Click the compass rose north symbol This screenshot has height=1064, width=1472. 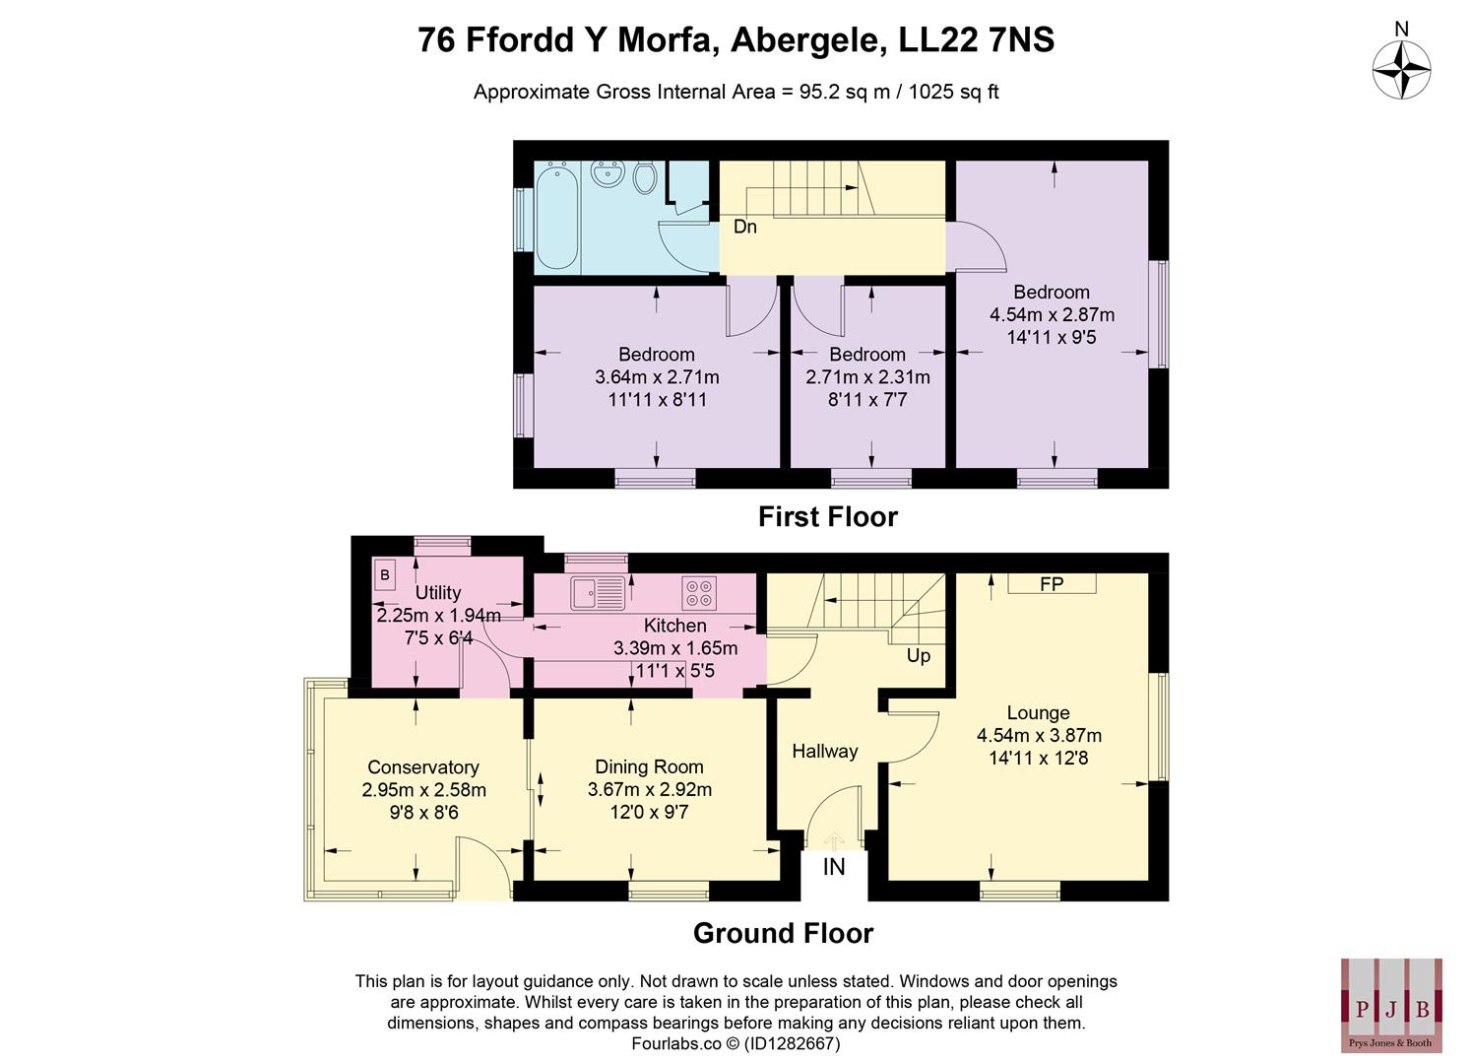pyautogui.click(x=1401, y=70)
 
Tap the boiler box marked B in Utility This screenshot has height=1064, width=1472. pyautogui.click(x=385, y=575)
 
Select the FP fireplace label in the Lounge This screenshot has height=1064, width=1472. pyautogui.click(x=1052, y=584)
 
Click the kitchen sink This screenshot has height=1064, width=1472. pyautogui.click(x=597, y=593)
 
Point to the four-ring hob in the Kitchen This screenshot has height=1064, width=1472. pyautogui.click(x=699, y=593)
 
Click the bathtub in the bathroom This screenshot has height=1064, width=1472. pyautogui.click(x=557, y=217)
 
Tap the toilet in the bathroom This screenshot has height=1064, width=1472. pyautogui.click(x=645, y=177)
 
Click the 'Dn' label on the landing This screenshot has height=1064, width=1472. pyautogui.click(x=745, y=227)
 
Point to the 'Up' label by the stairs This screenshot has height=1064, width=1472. pyautogui.click(x=918, y=656)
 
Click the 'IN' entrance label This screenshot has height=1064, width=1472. pyautogui.click(x=834, y=867)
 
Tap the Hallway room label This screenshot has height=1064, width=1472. pyautogui.click(x=825, y=751)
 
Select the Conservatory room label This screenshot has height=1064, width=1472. pyautogui.click(x=423, y=767)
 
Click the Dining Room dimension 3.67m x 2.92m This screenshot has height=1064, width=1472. pyautogui.click(x=650, y=789)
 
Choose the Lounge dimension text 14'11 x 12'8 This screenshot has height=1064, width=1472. pyautogui.click(x=1039, y=758)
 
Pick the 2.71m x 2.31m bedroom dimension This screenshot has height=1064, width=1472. pyautogui.click(x=867, y=377)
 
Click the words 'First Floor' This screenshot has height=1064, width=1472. pyautogui.click(x=827, y=517)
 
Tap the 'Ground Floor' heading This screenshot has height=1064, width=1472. pyautogui.click(x=783, y=933)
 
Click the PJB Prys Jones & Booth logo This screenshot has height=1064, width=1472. pyautogui.click(x=1391, y=1005)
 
